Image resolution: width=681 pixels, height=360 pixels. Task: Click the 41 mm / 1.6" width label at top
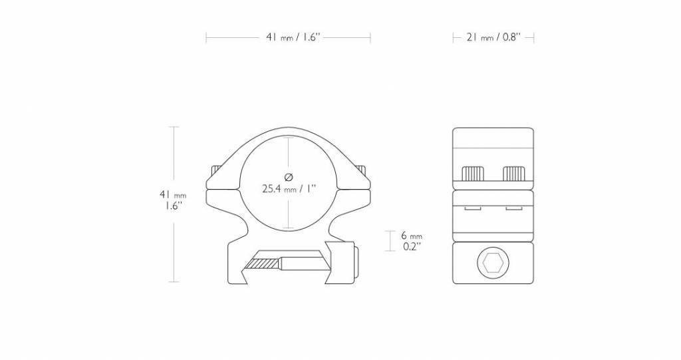click(289, 38)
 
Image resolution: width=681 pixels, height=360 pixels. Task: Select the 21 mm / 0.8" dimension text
click(493, 38)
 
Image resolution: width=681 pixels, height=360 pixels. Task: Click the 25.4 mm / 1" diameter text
click(289, 188)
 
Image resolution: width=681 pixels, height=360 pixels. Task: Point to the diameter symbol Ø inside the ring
click(289, 176)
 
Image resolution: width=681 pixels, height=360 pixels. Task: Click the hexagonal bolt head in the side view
click(493, 264)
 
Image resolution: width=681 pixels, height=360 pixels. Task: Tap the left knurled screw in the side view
click(473, 174)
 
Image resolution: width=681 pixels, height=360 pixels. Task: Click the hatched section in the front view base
click(261, 264)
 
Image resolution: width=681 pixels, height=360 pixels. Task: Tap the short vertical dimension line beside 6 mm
click(388, 241)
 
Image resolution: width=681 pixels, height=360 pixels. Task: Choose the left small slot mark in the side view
click(472, 209)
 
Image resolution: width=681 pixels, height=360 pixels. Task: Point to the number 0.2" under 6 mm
click(412, 246)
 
